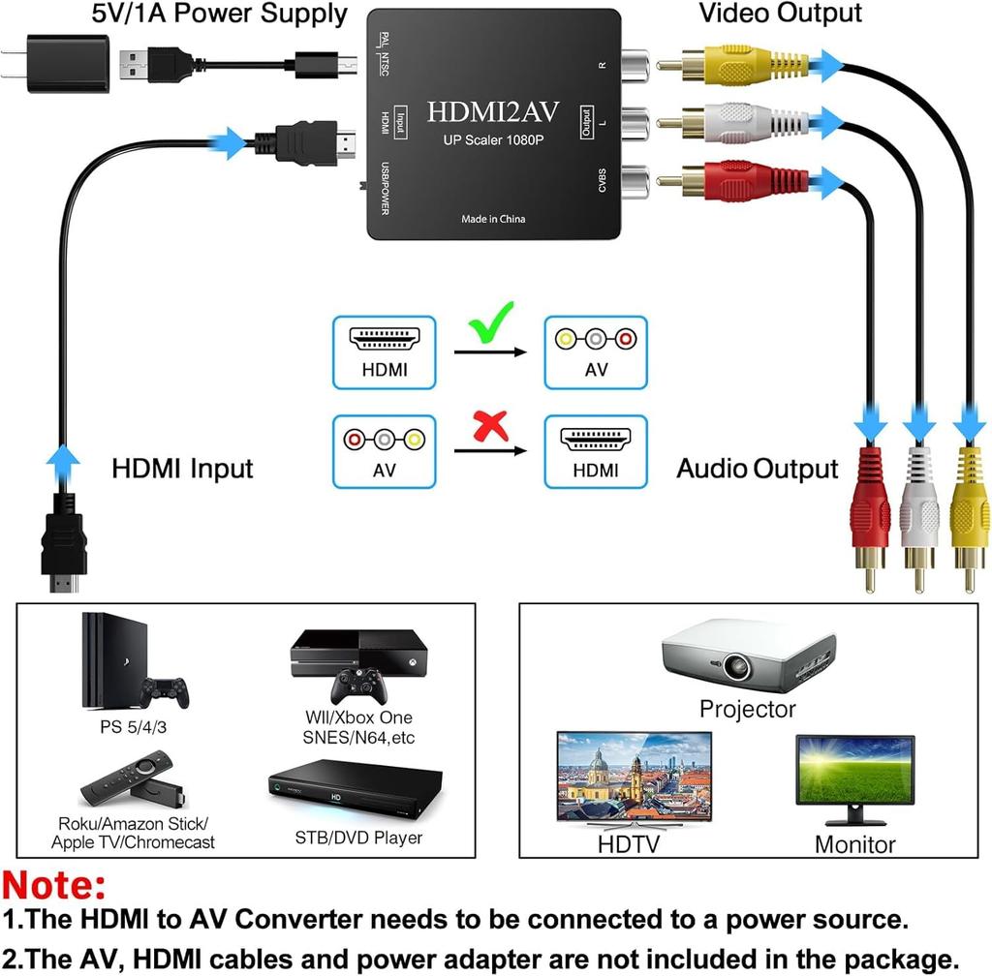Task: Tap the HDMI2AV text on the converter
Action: (493, 112)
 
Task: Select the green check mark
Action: (492, 323)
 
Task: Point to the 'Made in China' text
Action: (493, 219)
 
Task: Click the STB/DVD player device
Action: (354, 789)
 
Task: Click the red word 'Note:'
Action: (55, 885)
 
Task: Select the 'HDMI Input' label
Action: (182, 469)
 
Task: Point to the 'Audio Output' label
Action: (757, 469)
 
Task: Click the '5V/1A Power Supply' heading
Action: (219, 14)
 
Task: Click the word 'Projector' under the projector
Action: (747, 710)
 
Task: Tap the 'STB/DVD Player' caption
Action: (358, 838)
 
